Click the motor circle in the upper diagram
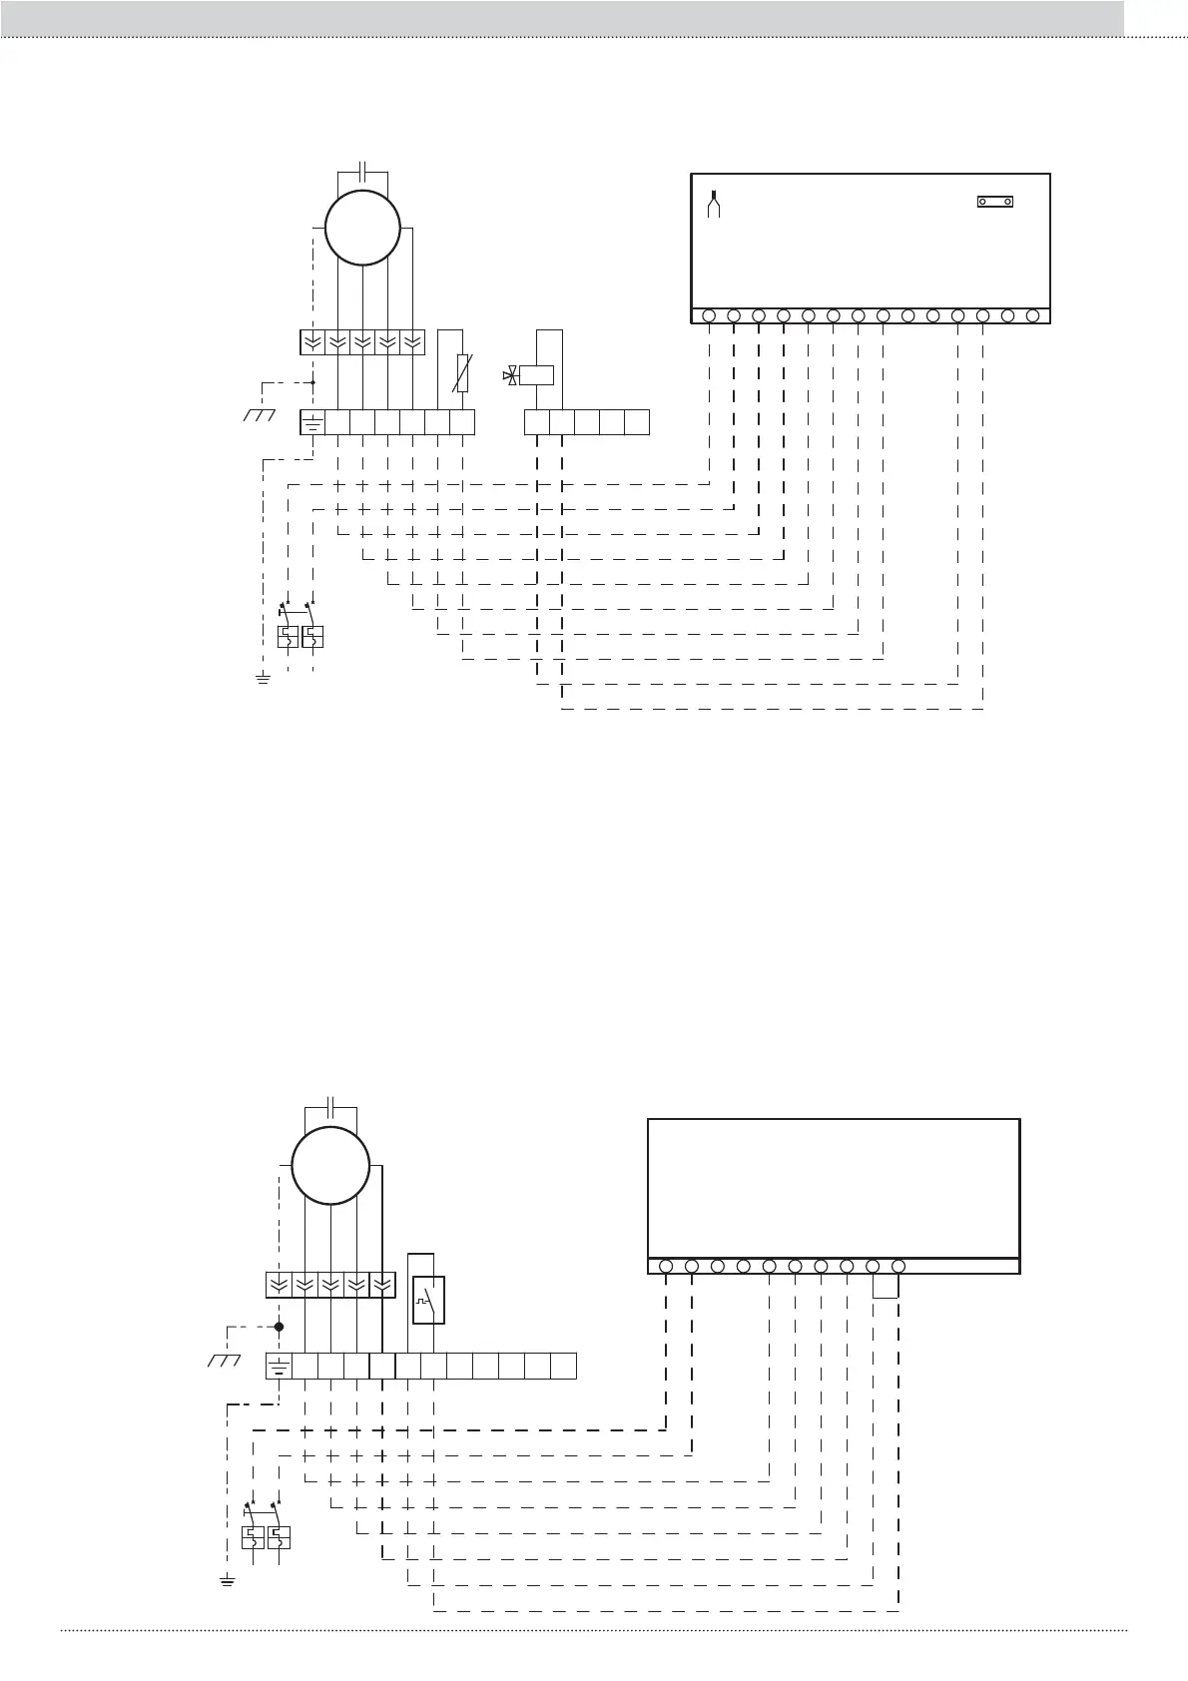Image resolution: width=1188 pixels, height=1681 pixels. pos(362,228)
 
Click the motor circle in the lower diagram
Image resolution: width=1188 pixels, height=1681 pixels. pos(330,1166)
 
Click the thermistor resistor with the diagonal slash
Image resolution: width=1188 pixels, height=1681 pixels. pos(462,371)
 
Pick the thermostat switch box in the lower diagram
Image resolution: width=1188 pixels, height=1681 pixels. pos(428,1299)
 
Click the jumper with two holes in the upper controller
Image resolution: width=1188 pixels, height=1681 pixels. pos(994,202)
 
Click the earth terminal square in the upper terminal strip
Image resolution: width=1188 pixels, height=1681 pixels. pos(312,422)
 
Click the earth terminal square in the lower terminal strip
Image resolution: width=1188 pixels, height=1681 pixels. pos(279,1366)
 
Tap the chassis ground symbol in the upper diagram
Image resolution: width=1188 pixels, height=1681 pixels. pos(259,413)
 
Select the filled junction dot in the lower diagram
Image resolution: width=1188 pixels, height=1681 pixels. pos(280,1327)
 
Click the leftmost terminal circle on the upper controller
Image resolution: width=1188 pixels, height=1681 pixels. pos(709,316)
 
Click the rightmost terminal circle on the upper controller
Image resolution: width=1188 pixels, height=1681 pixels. pos(1032,316)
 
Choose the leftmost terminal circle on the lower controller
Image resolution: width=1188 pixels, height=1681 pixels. pos(666,1266)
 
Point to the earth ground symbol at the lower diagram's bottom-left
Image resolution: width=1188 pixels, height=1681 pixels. pos(227,1580)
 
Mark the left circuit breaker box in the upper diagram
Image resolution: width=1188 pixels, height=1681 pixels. pos(287,636)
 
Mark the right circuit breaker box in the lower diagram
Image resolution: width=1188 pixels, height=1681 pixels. pos(280,1537)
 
